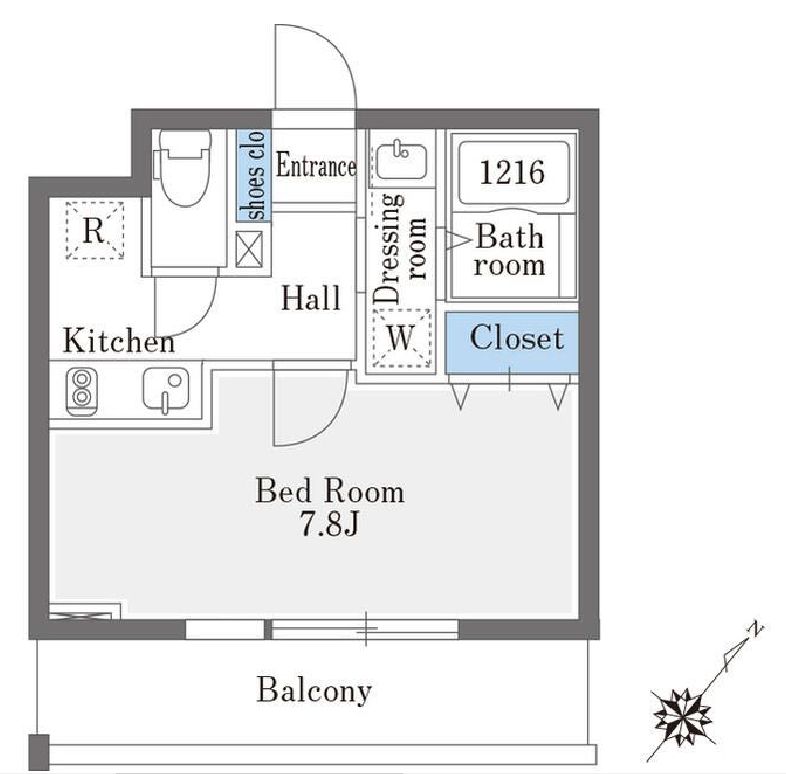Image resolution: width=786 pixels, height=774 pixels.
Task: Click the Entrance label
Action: click(x=316, y=166)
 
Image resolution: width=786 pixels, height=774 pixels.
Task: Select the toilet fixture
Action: click(x=188, y=167)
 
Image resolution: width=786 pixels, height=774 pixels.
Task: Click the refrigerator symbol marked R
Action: click(x=94, y=231)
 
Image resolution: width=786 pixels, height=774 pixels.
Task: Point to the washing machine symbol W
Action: click(x=400, y=338)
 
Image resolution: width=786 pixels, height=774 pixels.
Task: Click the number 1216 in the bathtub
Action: click(x=512, y=172)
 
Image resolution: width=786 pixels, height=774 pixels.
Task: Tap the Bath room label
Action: click(x=509, y=251)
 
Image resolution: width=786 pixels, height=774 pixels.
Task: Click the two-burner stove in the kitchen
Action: click(x=80, y=390)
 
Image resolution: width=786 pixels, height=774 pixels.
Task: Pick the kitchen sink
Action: click(x=165, y=389)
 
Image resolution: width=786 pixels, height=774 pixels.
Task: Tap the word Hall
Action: click(x=310, y=298)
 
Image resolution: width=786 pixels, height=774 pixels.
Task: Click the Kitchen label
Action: click(x=118, y=342)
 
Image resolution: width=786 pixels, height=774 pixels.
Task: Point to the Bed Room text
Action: click(x=329, y=492)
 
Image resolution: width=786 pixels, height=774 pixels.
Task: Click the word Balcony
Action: click(x=314, y=690)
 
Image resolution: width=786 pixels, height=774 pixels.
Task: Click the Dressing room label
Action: click(x=400, y=246)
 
